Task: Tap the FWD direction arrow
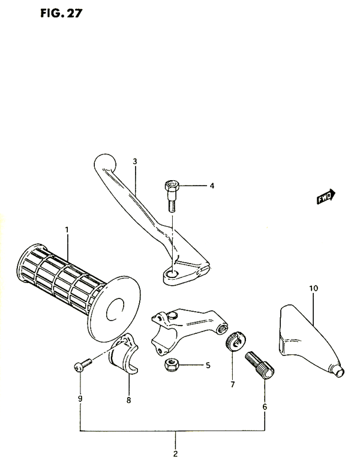point(326,199)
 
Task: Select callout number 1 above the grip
point(67,229)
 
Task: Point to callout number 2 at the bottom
point(176,454)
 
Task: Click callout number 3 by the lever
point(135,162)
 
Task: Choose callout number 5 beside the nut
point(207,365)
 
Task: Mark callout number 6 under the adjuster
point(265,406)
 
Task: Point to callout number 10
point(313,289)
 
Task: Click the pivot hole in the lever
point(173,274)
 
